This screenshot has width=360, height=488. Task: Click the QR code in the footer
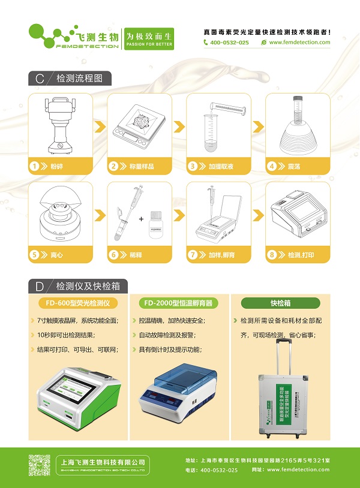tap(39, 465)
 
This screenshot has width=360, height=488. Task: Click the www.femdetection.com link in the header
tap(299, 43)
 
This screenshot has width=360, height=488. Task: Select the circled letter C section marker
tap(40, 79)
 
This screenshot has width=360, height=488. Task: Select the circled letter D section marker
tap(40, 286)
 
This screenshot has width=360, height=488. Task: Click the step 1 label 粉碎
tap(56, 166)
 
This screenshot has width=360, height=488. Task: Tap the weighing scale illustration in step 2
tap(139, 126)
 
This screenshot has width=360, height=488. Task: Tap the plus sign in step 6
tap(142, 219)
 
